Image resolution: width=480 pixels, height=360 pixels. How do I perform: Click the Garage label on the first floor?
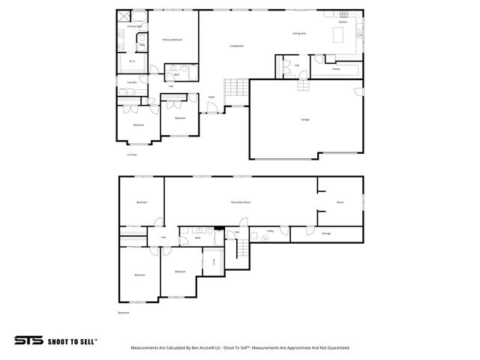(305, 119)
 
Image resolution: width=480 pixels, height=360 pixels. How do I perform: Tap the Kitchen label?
(343, 22)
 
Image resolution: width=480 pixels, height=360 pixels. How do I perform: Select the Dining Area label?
(298, 34)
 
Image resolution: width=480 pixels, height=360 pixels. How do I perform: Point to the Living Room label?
(236, 46)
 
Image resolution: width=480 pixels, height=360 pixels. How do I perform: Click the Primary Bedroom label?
(172, 39)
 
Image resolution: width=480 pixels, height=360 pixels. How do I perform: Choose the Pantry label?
(336, 68)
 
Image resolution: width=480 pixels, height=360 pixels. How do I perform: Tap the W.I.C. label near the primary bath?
(132, 61)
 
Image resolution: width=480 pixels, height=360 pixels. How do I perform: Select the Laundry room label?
(131, 82)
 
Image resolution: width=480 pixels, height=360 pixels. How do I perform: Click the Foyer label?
(211, 97)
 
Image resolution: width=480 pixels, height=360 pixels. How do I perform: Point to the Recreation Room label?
(240, 202)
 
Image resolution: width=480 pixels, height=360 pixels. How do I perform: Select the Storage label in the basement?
(326, 234)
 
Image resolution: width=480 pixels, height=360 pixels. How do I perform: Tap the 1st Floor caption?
(131, 155)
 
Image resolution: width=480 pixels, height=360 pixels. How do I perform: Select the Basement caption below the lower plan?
(124, 313)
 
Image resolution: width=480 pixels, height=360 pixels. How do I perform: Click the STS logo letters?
(29, 340)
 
